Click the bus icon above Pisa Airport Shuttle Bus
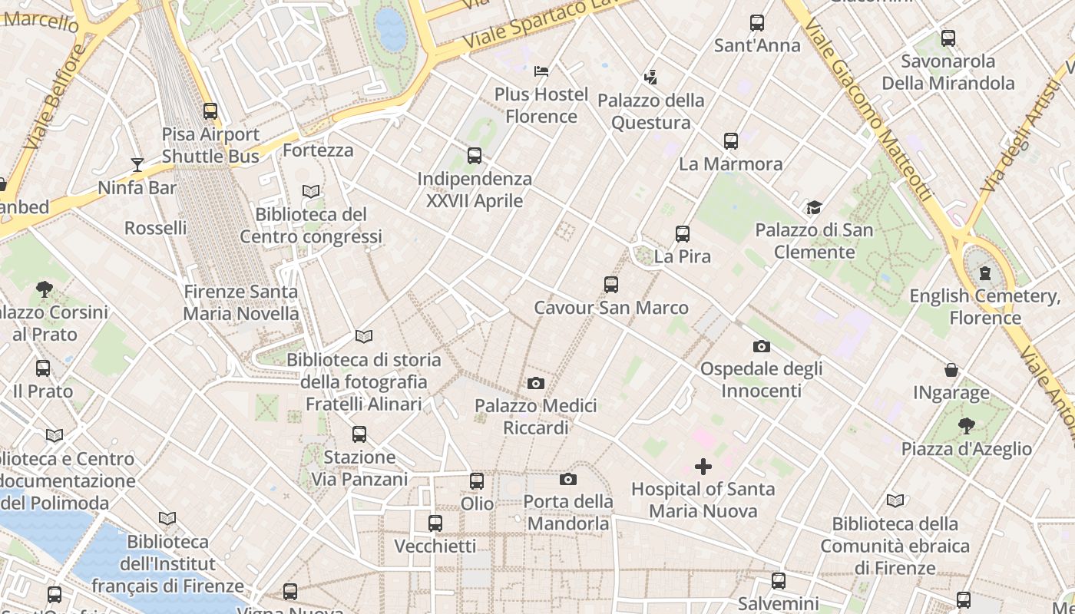210,111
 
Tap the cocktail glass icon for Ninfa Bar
137,164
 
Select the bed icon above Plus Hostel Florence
541,71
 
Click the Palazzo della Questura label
650,111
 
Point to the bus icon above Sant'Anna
757,23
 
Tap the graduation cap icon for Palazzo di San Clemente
814,207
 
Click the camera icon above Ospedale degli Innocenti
761,346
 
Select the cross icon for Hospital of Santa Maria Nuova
703,467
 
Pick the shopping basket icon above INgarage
951,371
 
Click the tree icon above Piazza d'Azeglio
967,426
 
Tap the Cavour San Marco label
611,308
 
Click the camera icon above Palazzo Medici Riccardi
536,383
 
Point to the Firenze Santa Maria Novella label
241,302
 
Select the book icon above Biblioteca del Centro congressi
311,191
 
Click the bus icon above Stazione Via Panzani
359,434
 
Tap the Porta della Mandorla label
568,513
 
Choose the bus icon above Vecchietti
435,523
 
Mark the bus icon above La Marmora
731,141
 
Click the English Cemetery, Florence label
985,307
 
